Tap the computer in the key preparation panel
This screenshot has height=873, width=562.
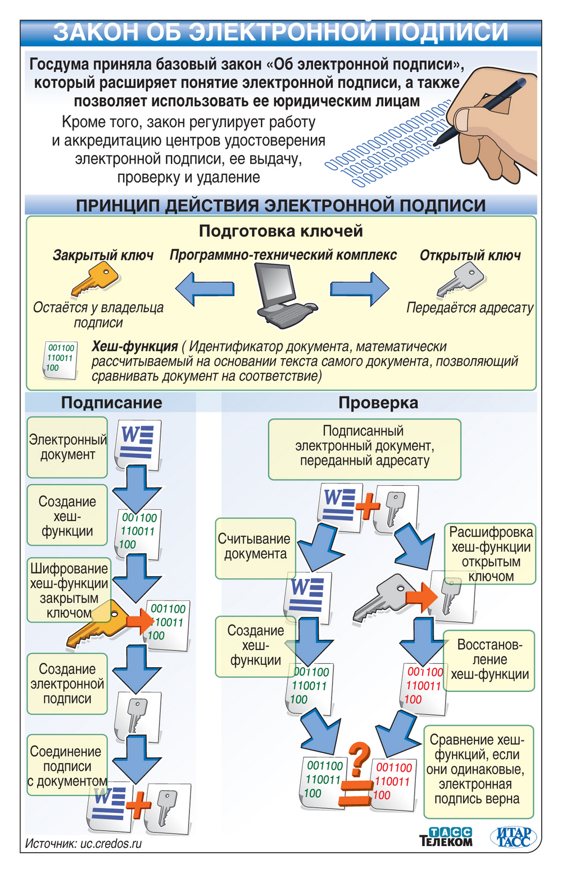click(282, 295)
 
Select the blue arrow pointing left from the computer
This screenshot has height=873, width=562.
click(205, 289)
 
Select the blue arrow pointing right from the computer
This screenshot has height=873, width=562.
click(360, 289)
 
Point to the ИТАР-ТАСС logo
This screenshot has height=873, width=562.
click(512, 836)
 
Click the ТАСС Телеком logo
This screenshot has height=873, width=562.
click(446, 836)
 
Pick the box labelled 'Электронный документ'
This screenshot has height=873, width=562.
click(67, 447)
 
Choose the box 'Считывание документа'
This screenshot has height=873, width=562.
click(255, 548)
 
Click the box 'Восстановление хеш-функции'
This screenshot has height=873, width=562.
click(489, 660)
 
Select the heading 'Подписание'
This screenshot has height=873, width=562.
click(111, 402)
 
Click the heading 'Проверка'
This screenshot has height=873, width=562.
click(378, 402)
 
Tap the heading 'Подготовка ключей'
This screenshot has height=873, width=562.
click(281, 231)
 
